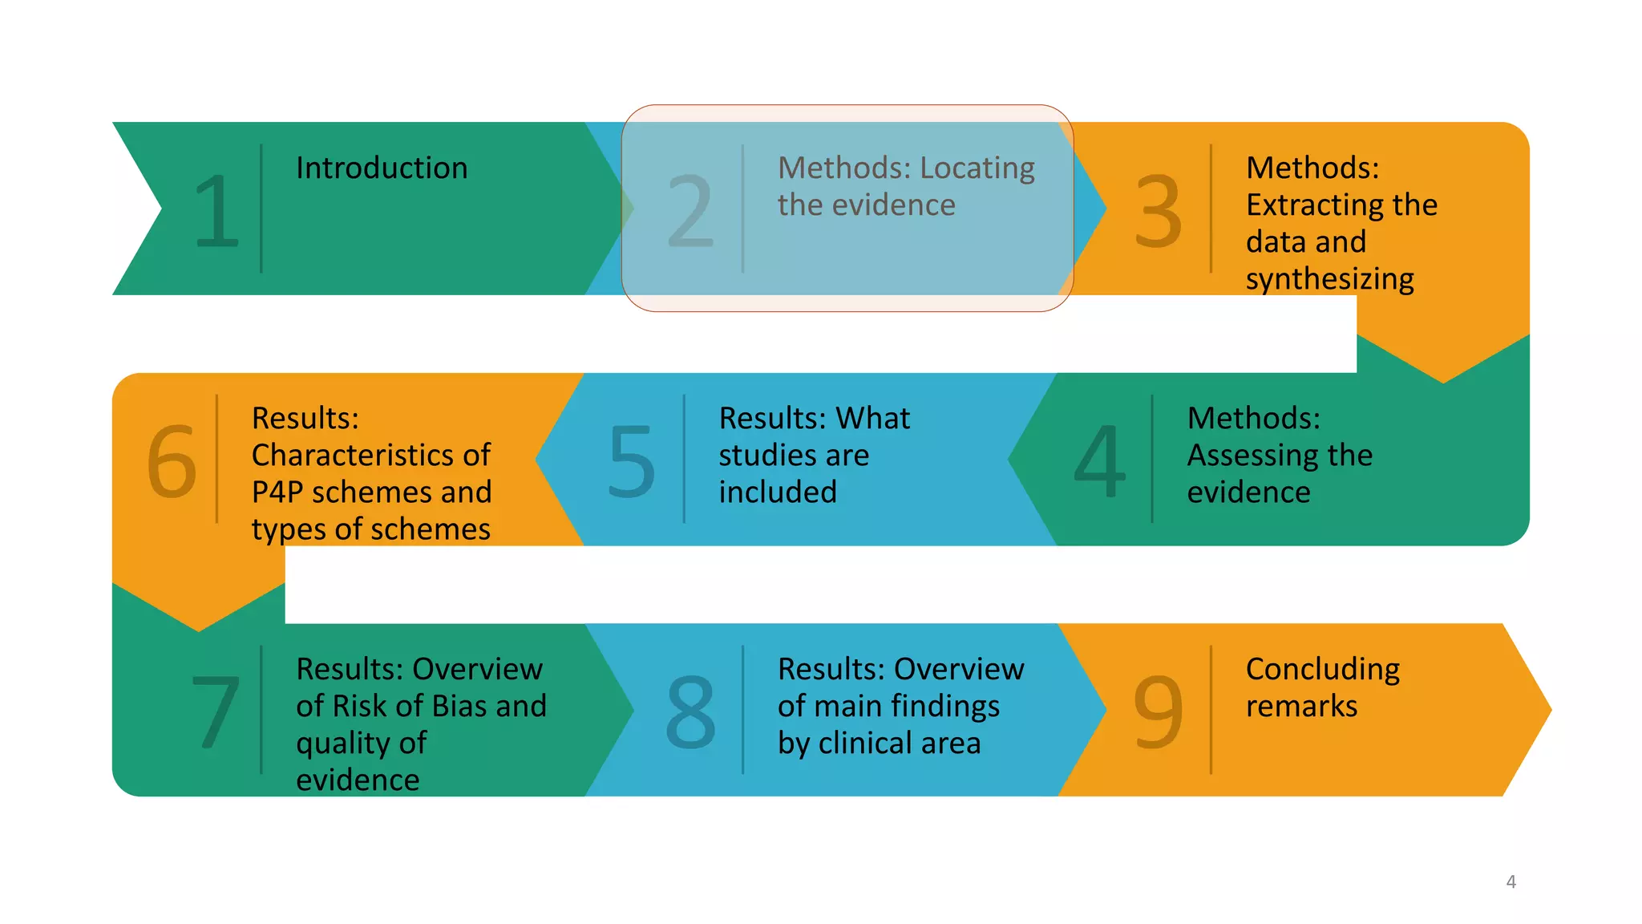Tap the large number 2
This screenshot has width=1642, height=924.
[690, 211]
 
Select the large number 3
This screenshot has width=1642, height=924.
[1158, 211]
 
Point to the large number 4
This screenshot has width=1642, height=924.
[1100, 461]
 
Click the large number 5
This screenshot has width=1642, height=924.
[632, 461]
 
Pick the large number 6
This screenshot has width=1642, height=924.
[172, 461]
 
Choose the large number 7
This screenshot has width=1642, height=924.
[216, 711]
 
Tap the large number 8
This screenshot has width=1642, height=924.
[690, 711]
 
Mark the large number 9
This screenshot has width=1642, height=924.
[1158, 711]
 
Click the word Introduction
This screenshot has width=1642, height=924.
[382, 168]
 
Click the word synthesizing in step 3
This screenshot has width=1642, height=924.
[1329, 279]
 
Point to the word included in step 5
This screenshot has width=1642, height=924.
[778, 492]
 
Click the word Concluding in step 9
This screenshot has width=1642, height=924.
[1323, 669]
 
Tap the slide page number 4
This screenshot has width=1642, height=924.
[1511, 881]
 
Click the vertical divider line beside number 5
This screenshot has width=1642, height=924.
[684, 459]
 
